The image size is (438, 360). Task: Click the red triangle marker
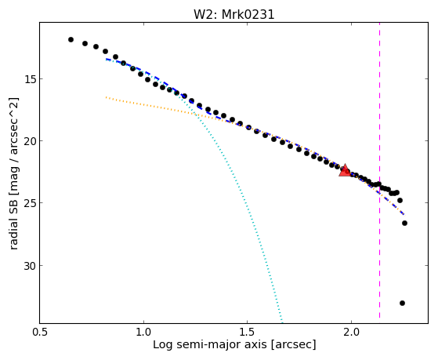[x=345, y=170]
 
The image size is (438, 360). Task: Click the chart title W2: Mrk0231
[x=234, y=14]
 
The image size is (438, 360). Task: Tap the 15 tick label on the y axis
[x=30, y=79]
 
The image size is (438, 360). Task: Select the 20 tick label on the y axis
[x=30, y=141]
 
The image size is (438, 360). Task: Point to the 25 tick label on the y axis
[x=30, y=203]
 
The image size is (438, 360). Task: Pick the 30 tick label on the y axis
[x=30, y=265]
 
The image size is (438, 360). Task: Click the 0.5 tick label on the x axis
[x=40, y=333]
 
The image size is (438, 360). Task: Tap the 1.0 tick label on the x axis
[x=143, y=333]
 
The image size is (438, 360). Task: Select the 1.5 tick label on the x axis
[x=248, y=333]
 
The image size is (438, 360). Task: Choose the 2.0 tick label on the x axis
[x=351, y=333]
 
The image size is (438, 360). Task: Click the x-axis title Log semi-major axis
[x=210, y=345]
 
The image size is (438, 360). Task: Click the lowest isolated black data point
[x=402, y=303]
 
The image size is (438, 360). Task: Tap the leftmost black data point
[x=71, y=39]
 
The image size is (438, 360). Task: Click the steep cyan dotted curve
[x=241, y=196]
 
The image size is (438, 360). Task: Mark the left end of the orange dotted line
[x=106, y=97]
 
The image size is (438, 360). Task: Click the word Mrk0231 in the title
[x=248, y=14]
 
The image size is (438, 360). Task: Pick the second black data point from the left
[x=85, y=43]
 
